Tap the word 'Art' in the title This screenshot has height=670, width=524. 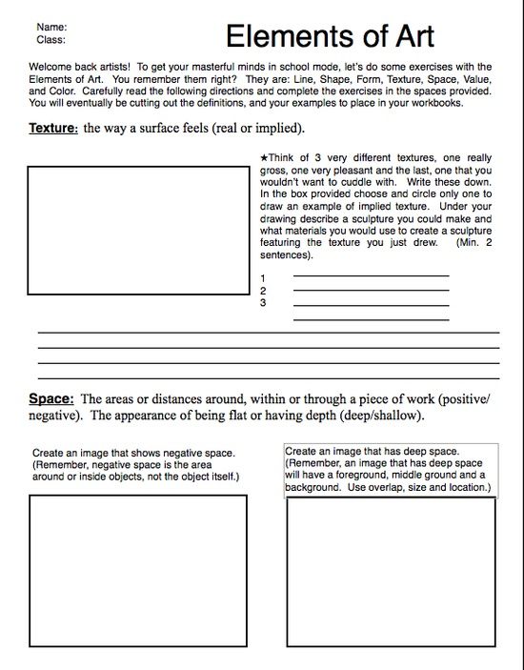click(x=408, y=35)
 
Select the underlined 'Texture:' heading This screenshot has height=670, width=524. click(x=48, y=128)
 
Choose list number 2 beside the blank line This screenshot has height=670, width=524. click(x=262, y=291)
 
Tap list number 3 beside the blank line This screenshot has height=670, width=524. click(x=262, y=303)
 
